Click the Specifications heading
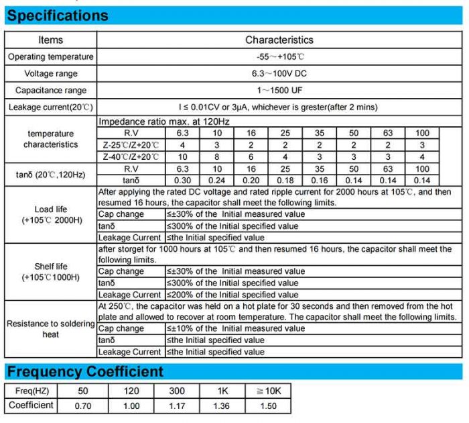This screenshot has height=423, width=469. coord(58,15)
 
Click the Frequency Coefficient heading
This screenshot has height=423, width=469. coord(84,371)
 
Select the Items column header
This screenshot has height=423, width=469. coord(51,40)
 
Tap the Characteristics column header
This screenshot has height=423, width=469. coord(279,40)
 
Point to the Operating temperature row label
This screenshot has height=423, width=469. coord(51,57)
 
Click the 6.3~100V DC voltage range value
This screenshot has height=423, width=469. coord(279,73)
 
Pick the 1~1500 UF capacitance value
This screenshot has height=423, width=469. coord(279,90)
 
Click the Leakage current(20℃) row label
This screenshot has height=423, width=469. coord(51,107)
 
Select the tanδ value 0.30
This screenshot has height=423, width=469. coord(182,180)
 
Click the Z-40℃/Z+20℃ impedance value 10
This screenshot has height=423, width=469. coord(182,156)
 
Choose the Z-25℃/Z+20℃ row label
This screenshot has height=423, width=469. coord(131,145)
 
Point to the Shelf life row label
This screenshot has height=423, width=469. coord(51,272)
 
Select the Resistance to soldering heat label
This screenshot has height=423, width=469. coord(51,328)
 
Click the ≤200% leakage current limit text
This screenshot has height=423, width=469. coord(232,295)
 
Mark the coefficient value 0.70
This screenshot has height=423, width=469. coord(82,406)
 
